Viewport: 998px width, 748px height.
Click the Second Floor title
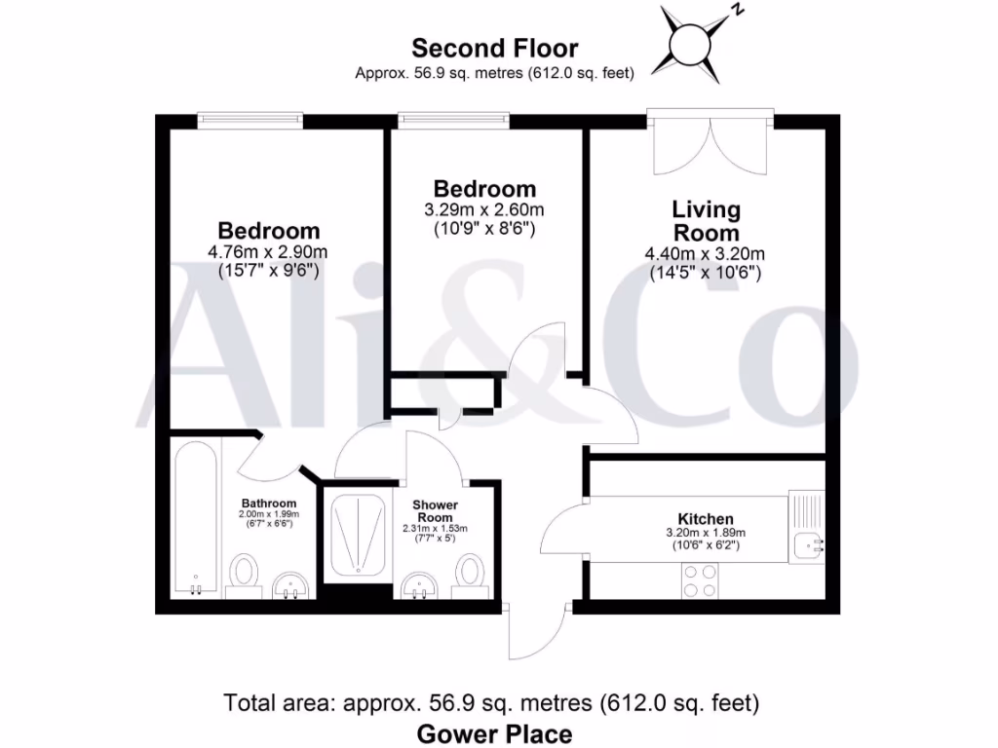pos(494,48)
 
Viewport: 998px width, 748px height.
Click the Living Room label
pos(706,221)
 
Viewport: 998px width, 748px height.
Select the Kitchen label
pos(706,519)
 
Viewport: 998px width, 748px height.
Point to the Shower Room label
pos(435,510)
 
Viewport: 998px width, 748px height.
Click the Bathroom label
pos(269,504)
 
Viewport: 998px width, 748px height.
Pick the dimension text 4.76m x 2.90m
pos(268,252)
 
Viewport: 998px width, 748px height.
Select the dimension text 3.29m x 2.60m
pos(484,209)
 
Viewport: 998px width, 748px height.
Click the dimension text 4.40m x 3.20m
pos(706,254)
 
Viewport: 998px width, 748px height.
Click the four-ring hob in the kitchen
pos(698,581)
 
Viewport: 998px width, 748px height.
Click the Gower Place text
pos(494,733)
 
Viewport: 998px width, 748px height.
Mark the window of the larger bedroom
pos(249,120)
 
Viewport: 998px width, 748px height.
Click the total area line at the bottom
pos(492,702)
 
